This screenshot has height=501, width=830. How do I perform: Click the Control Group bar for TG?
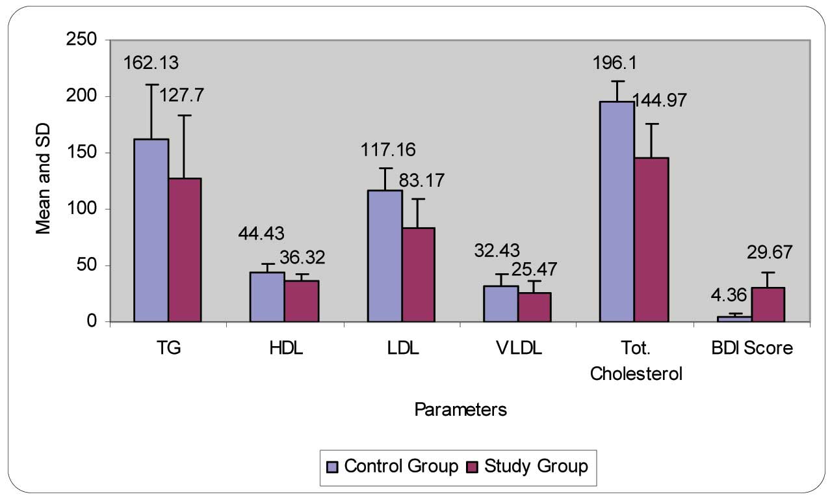click(x=151, y=230)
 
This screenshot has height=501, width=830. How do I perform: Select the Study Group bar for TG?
click(x=185, y=250)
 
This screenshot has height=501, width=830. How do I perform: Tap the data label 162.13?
click(x=151, y=63)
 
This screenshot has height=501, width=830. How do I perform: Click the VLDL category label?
click(x=519, y=348)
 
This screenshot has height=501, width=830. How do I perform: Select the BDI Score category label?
click(x=752, y=348)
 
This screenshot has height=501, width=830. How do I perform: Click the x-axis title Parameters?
click(x=461, y=410)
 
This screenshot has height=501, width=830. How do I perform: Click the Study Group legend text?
click(x=536, y=467)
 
